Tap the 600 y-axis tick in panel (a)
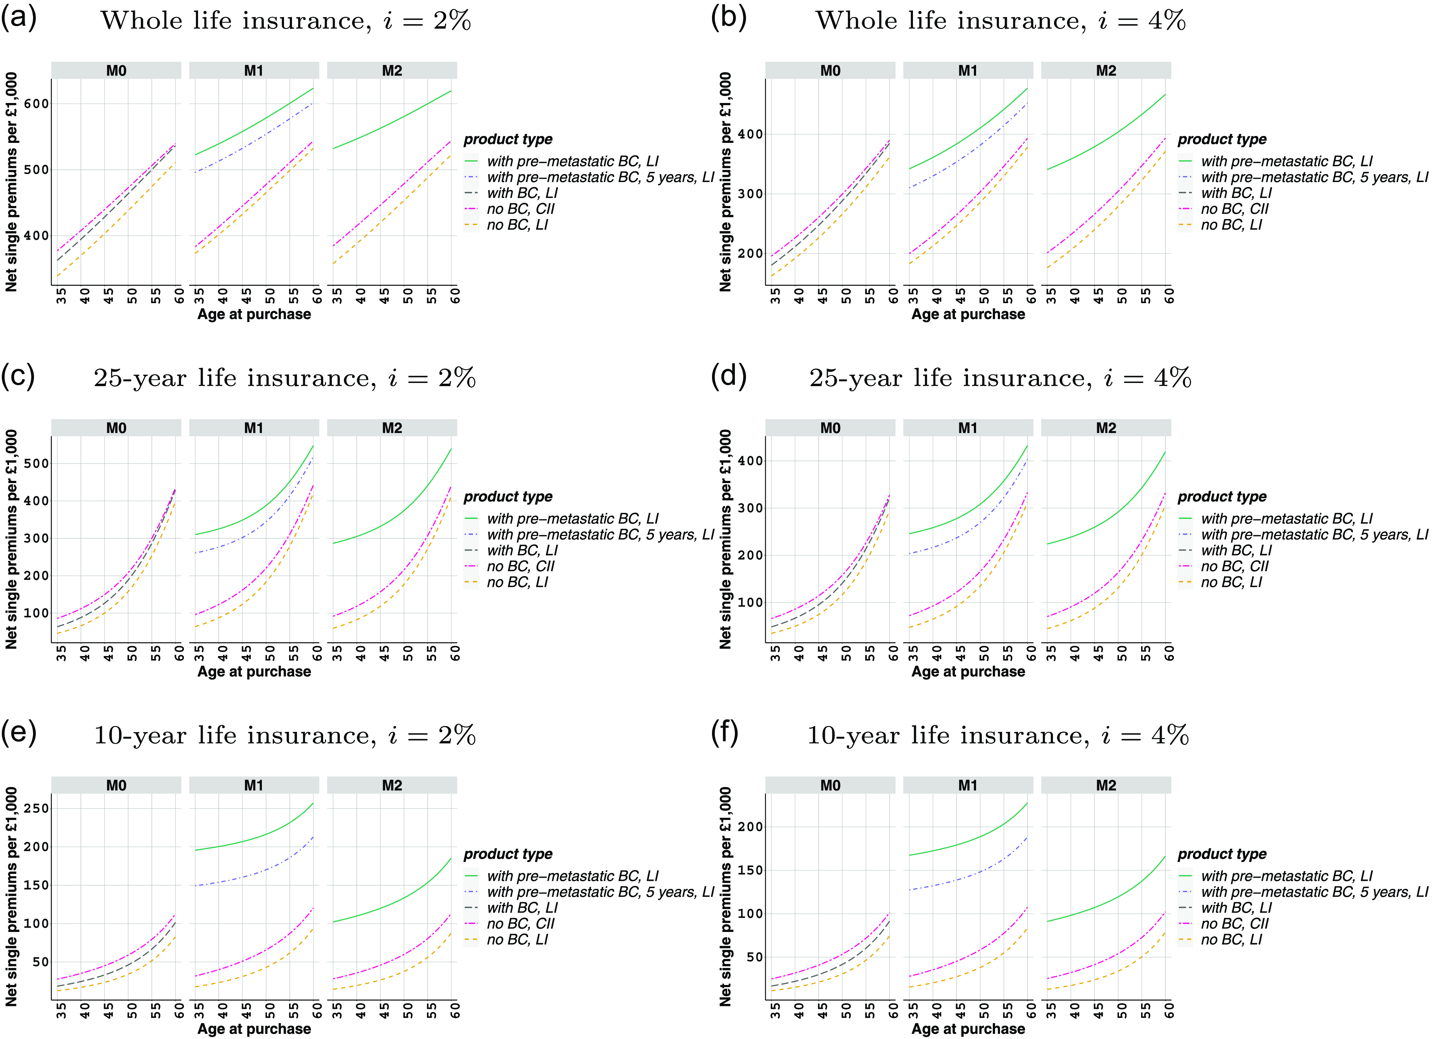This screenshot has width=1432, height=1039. [36, 103]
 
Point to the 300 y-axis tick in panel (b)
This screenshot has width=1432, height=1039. [750, 194]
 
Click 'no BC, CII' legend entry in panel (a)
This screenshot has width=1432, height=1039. [520, 209]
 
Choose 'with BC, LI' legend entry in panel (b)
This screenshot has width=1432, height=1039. [1236, 193]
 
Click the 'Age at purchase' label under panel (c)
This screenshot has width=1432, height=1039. [254, 672]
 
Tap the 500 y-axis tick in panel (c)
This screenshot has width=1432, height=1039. [36, 463]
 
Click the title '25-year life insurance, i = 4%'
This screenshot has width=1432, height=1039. [1000, 378]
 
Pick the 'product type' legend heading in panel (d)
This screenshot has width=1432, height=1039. [1222, 497]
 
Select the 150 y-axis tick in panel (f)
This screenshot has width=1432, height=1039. [750, 870]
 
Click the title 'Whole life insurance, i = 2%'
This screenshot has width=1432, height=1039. [285, 21]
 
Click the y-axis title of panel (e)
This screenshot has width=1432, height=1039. [11, 896]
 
